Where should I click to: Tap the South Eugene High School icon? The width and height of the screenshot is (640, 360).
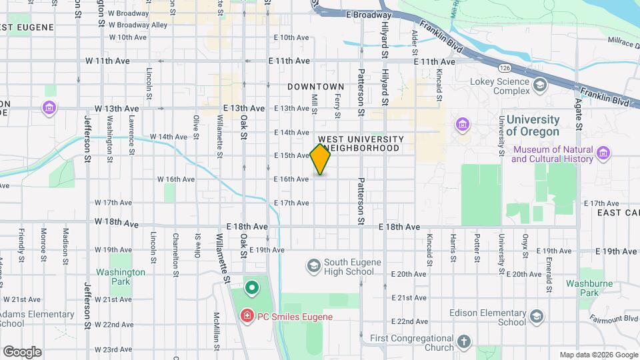pos(313,267)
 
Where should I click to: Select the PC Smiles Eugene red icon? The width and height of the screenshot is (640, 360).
pos(247,316)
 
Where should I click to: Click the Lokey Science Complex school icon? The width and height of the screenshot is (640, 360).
pos(539,85)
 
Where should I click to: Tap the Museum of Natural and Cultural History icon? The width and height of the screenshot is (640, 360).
pos(603,155)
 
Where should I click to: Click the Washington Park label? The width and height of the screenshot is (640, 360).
pos(121,277)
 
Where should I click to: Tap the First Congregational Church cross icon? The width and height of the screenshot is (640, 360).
pos(465,343)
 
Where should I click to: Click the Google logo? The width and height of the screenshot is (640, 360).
pos(22,352)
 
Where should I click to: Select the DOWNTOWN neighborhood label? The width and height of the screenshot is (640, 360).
pos(316,87)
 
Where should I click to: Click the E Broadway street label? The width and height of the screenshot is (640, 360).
pos(369,14)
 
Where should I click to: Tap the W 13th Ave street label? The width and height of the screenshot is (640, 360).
pos(117,108)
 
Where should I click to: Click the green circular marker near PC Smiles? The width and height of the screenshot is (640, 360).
pos(251,289)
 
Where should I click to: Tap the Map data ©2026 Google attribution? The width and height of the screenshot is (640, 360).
pos(597,355)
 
